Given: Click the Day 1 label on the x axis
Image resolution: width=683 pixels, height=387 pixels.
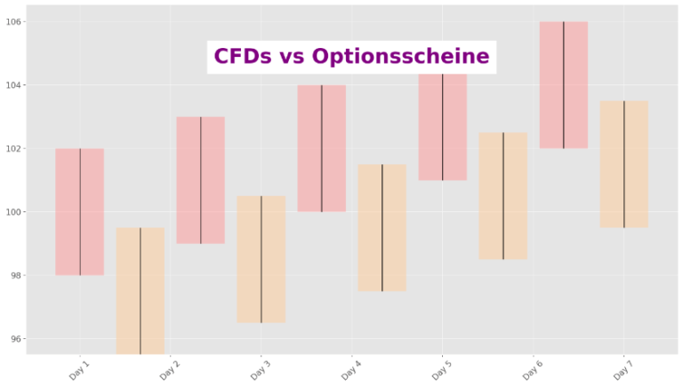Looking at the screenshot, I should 79,368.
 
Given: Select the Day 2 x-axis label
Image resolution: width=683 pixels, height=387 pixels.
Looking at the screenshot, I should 170,368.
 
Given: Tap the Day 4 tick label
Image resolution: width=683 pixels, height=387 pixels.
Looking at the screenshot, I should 351,368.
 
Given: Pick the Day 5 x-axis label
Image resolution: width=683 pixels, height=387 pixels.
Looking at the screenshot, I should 442,368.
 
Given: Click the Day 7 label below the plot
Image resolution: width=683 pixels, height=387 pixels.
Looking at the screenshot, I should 623,368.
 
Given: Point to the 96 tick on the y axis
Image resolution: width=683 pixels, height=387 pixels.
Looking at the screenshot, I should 16,339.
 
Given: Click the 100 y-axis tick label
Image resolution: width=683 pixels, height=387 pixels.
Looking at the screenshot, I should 13,212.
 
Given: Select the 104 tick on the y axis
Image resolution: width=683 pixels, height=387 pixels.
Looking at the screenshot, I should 13,85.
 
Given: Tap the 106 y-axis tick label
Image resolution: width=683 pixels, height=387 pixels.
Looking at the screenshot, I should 13,21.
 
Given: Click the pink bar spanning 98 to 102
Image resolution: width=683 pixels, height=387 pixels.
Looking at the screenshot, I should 80,212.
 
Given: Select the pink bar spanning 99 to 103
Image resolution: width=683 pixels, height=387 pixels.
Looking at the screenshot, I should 201,180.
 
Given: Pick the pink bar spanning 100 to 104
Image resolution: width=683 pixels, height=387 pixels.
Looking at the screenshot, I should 322,148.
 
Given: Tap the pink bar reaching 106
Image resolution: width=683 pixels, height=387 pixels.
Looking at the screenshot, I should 564,85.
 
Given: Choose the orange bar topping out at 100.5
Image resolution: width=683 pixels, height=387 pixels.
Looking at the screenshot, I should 261,259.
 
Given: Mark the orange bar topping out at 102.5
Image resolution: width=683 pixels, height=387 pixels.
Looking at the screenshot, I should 503,196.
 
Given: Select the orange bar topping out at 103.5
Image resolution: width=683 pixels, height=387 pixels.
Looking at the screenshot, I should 624,164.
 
